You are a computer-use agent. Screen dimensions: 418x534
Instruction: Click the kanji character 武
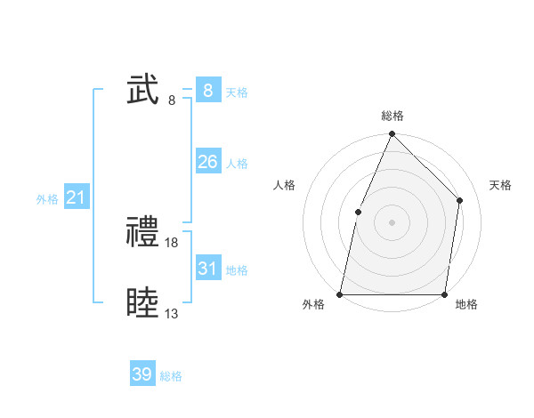tap(143, 91)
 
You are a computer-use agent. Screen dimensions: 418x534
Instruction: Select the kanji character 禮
tap(143, 233)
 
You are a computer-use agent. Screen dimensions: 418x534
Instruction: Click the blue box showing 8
tap(207, 91)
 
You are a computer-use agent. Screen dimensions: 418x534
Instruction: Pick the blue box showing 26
tap(207, 162)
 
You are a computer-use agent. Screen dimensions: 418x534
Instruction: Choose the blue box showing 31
tap(207, 269)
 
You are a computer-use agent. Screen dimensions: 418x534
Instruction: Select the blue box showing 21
tap(76, 197)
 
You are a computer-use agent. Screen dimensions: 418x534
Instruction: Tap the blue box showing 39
tap(142, 374)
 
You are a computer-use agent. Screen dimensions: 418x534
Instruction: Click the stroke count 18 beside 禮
tap(173, 242)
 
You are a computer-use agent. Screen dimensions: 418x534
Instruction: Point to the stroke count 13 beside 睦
tap(172, 313)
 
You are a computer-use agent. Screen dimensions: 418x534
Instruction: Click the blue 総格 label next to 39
tap(171, 376)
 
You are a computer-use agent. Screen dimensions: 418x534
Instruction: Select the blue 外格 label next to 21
tap(47, 199)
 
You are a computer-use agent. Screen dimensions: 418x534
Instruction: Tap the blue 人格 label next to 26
tap(237, 164)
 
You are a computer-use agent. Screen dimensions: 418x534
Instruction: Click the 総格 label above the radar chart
tap(392, 116)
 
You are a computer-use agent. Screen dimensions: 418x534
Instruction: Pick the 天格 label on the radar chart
tap(501, 185)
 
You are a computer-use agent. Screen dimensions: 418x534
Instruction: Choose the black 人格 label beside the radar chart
tap(285, 185)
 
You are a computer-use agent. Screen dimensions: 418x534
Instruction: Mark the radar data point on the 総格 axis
tap(392, 135)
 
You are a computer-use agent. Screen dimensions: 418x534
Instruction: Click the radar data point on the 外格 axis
tap(340, 293)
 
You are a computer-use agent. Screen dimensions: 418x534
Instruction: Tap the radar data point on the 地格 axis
tap(444, 293)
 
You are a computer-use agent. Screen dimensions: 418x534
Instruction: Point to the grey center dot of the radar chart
tap(392, 222)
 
